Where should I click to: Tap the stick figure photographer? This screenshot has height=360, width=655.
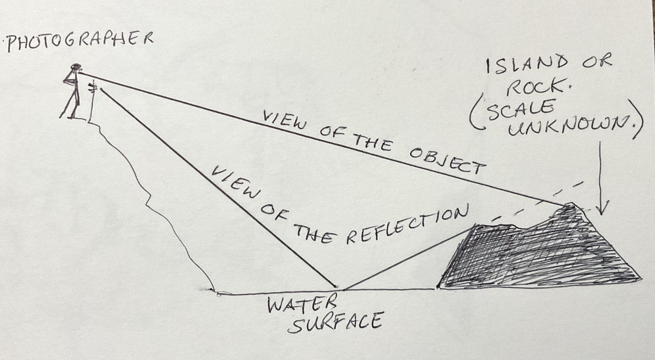(x=72, y=92)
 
